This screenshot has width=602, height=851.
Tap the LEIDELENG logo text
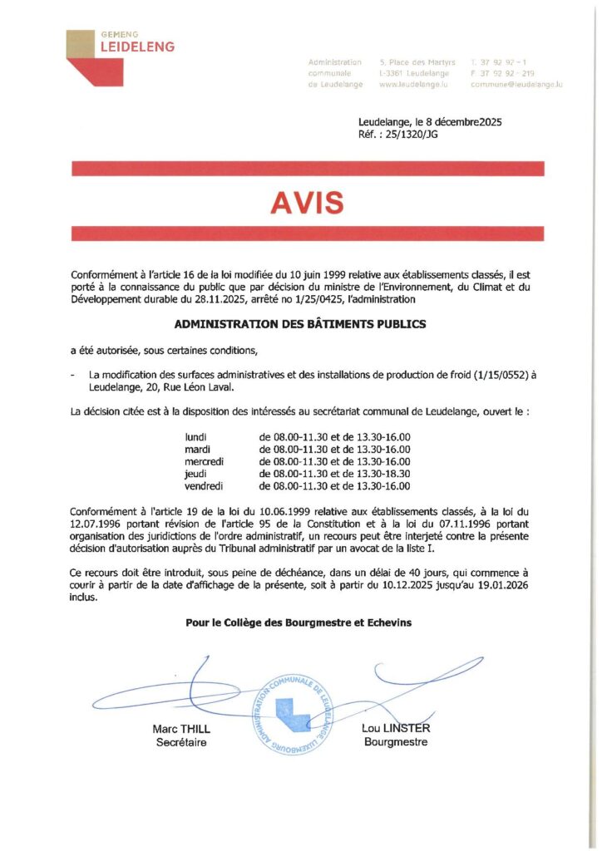(137, 47)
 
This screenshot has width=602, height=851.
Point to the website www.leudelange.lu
(413, 85)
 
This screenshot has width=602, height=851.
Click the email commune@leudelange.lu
(516, 85)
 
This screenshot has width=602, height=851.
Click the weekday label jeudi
(196, 474)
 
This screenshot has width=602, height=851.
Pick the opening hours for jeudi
(335, 474)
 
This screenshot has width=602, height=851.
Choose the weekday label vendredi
(204, 486)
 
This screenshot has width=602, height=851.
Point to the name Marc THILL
(181, 729)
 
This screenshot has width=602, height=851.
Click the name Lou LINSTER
(396, 729)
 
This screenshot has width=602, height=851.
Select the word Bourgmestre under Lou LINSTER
(396, 742)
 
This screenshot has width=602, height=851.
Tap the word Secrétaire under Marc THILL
(181, 742)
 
